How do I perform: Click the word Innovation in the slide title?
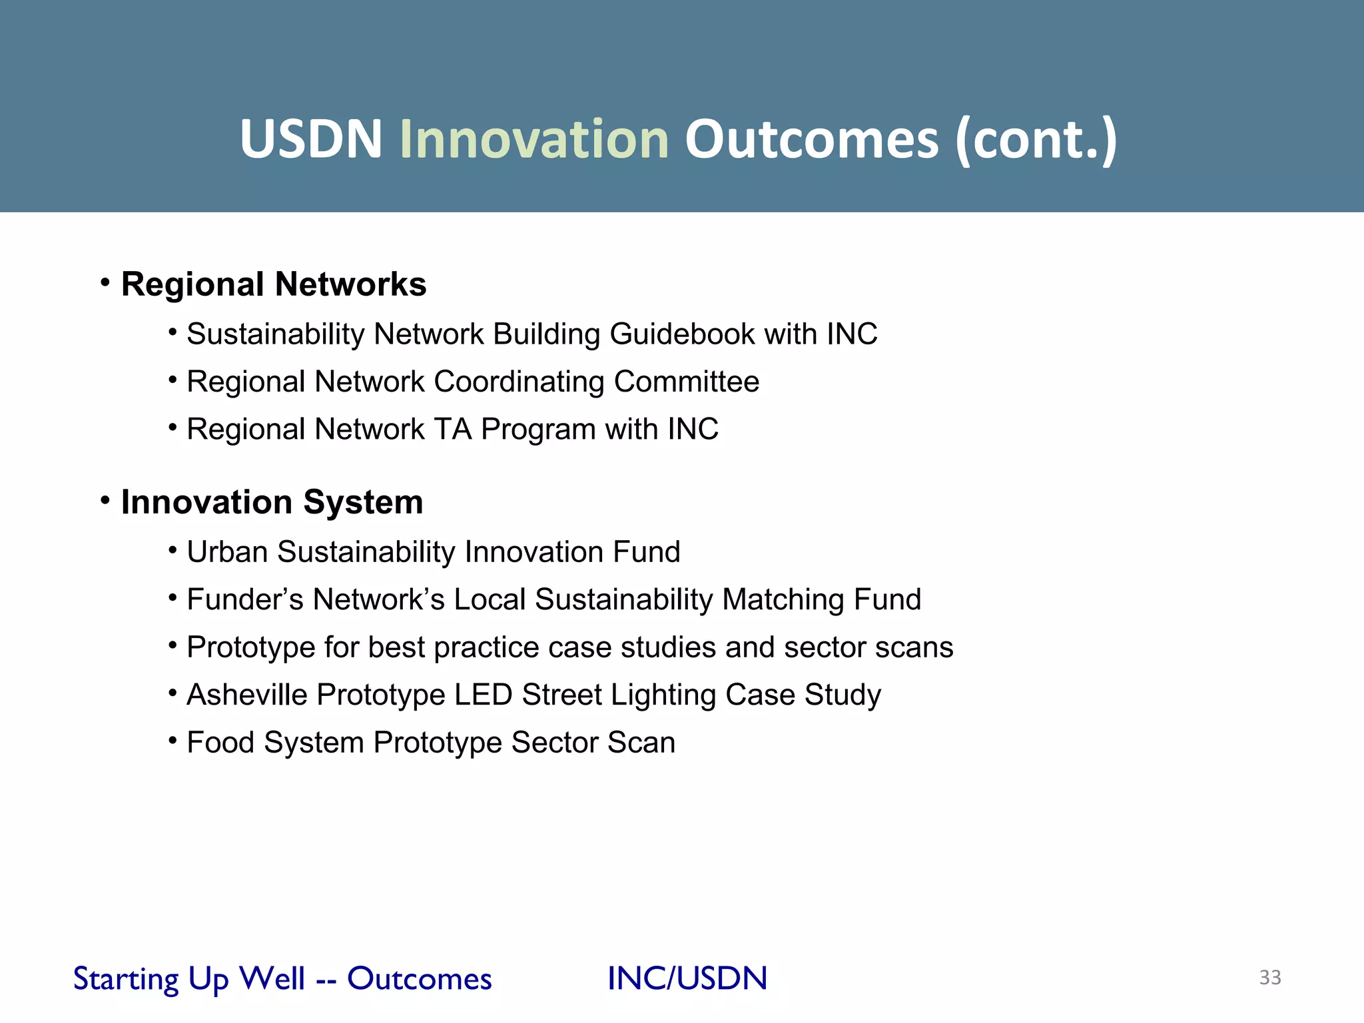534,139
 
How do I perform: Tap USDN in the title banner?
311,139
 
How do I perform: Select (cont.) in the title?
1036,139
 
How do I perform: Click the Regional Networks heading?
273,284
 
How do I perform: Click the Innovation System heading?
272,502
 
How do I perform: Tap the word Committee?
686,382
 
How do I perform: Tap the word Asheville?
247,695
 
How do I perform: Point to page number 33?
1269,977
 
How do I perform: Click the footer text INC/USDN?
687,978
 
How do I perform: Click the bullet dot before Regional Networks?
105,283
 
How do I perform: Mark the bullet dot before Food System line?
172,740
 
